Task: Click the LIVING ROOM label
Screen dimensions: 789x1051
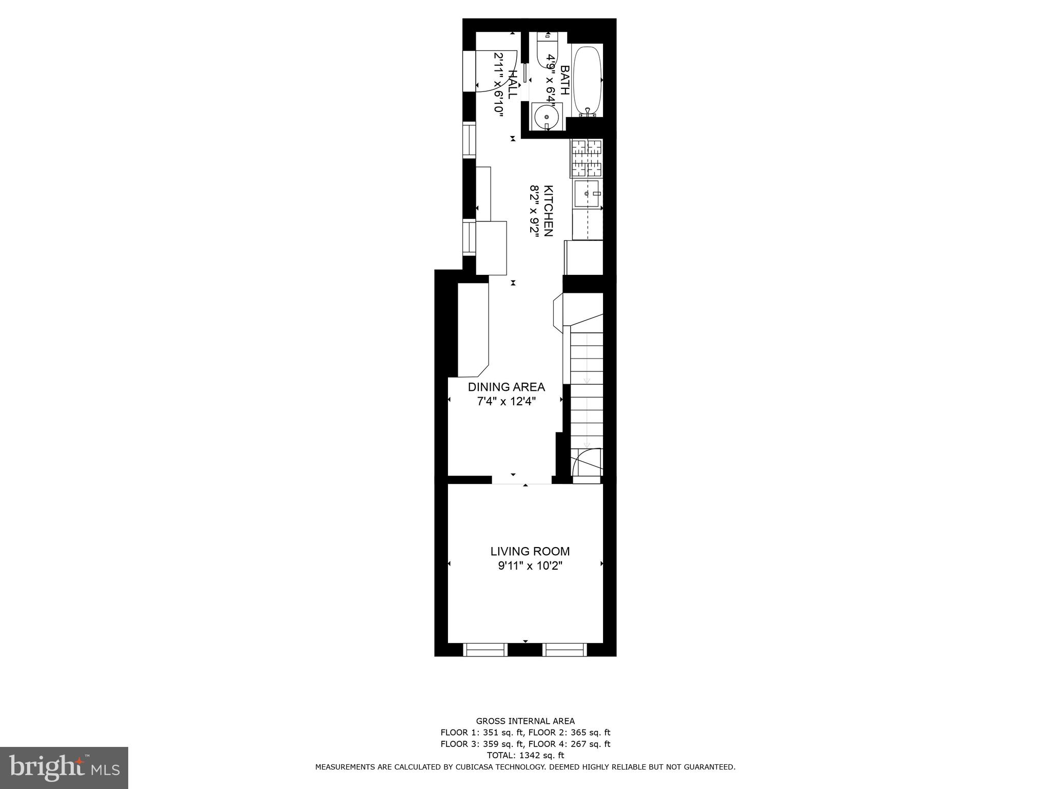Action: [x=530, y=552]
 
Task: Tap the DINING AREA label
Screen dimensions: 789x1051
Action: [x=506, y=387]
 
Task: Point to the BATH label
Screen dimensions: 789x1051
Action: [x=565, y=80]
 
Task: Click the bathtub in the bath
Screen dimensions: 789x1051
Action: [x=587, y=81]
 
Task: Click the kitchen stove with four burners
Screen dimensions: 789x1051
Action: [x=586, y=158]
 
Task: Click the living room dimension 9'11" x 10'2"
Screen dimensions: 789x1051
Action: [x=530, y=566]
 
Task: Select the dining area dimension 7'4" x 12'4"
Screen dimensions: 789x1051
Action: [x=507, y=401]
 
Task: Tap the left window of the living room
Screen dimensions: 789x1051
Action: [x=485, y=650]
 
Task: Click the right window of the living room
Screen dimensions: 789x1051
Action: [x=564, y=650]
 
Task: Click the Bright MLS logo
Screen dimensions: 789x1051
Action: [x=64, y=768]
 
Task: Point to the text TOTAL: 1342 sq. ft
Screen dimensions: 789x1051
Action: [x=525, y=755]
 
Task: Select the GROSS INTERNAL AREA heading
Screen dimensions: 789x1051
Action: [x=525, y=721]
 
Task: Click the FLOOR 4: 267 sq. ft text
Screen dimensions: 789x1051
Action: [x=569, y=744]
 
